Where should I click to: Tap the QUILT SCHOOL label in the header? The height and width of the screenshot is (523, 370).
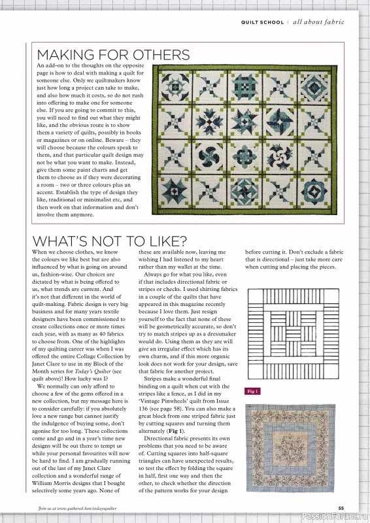[262, 22]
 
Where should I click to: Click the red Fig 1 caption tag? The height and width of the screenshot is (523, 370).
[252, 392]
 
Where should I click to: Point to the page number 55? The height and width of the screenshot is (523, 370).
[341, 508]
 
